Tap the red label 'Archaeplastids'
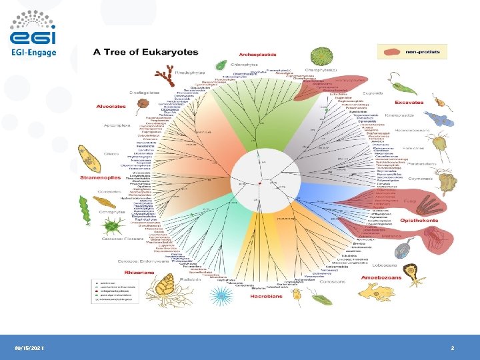[x=257, y=55]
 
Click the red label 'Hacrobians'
[x=263, y=295]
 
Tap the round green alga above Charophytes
[x=319, y=57]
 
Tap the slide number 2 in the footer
[x=452, y=348]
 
